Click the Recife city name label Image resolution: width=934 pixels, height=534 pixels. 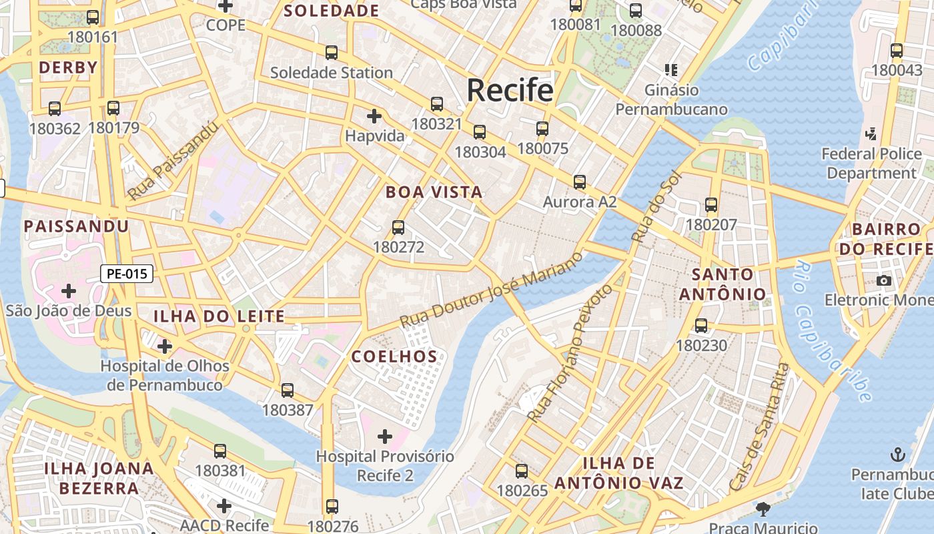(510, 90)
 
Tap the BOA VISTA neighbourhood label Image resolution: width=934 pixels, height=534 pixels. (434, 192)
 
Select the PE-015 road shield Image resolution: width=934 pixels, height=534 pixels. (127, 273)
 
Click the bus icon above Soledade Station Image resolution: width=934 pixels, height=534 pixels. (331, 52)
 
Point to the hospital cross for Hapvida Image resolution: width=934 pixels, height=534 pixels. (374, 116)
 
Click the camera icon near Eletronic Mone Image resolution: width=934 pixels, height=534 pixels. (884, 280)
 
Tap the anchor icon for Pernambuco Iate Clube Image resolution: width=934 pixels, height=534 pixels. (897, 455)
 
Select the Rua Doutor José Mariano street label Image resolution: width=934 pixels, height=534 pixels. (492, 288)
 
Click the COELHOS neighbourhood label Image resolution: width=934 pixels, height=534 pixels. (394, 356)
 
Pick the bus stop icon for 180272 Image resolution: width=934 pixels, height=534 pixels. (398, 228)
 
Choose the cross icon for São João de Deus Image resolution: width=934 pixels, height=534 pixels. (69, 291)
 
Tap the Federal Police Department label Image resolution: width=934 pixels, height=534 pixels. (871, 164)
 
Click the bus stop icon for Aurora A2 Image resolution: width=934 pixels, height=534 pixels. (579, 182)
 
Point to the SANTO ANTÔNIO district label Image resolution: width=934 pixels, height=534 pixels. (723, 284)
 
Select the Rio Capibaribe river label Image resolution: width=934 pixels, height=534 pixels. (833, 332)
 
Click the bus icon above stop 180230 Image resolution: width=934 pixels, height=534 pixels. (701, 326)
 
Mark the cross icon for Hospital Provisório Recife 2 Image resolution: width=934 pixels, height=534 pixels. (385, 437)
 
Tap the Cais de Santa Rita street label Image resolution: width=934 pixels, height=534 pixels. (759, 427)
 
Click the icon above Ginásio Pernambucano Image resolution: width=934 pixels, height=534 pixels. (671, 69)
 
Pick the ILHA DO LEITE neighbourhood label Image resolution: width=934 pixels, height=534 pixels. (219, 316)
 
